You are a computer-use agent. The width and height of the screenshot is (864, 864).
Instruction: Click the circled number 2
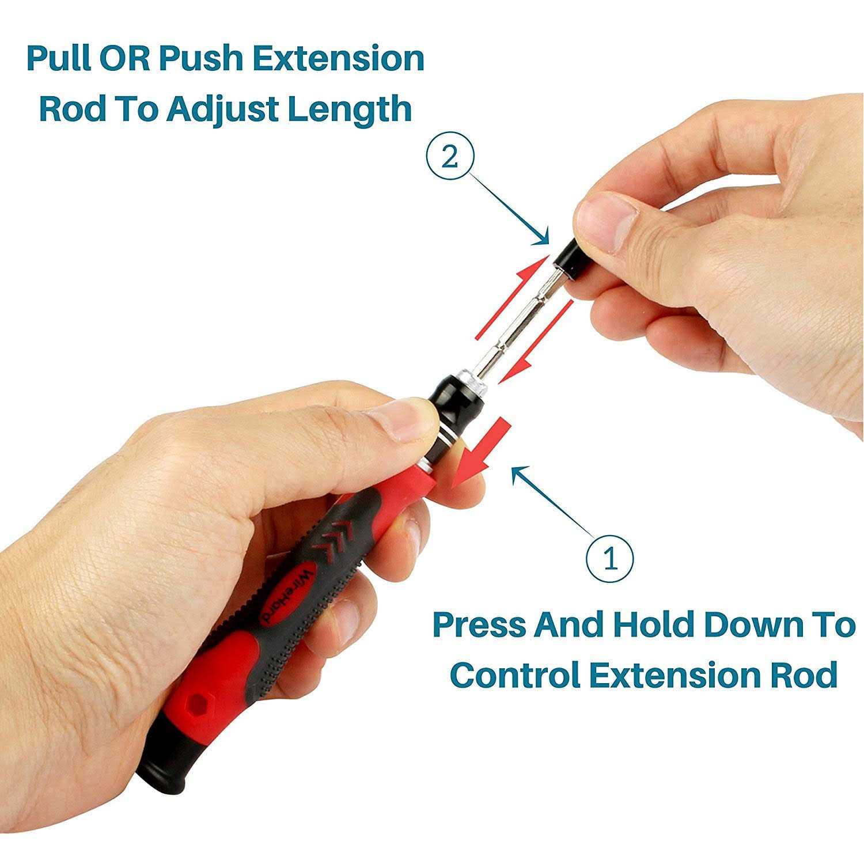[x=450, y=157]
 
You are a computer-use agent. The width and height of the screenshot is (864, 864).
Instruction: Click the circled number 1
[x=610, y=558]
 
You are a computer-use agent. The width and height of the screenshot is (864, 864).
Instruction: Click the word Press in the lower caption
[x=479, y=626]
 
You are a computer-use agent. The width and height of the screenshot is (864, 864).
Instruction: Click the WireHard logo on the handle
[x=284, y=595]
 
